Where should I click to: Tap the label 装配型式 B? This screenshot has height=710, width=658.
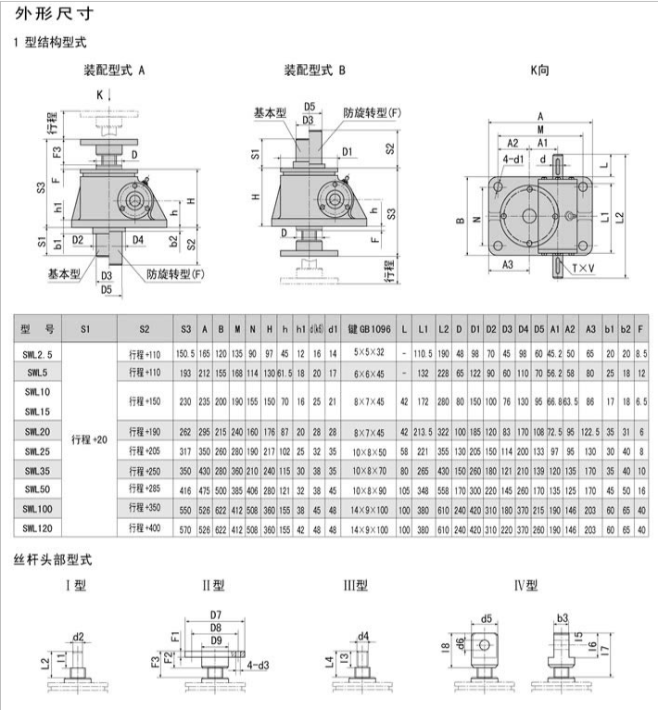pyautogui.click(x=314, y=70)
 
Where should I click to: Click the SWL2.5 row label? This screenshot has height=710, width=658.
pyautogui.click(x=39, y=354)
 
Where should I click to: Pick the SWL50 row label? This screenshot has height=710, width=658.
pyautogui.click(x=39, y=488)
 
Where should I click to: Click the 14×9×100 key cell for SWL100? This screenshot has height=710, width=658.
pyautogui.click(x=371, y=508)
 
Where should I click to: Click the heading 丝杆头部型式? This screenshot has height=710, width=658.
pyautogui.click(x=52, y=560)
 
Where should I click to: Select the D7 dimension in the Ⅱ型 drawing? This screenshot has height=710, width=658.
pyautogui.click(x=215, y=615)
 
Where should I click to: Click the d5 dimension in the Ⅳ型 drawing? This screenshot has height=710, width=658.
pyautogui.click(x=487, y=619)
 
